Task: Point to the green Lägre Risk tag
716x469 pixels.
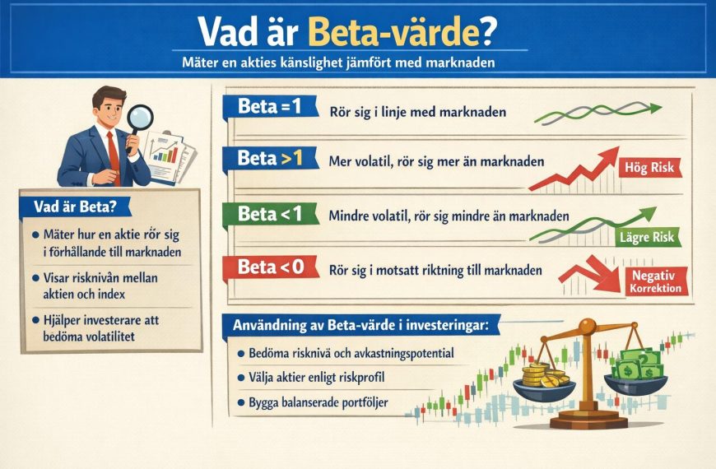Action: pos(646,238)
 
